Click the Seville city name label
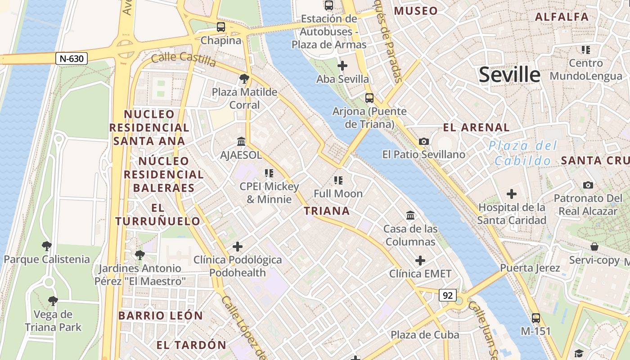pos(509,74)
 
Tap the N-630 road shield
pos(72,58)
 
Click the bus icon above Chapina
pos(220,27)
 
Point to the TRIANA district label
pos(327,211)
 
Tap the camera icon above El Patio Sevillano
pos(423,141)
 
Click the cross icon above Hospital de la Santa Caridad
pos(511,194)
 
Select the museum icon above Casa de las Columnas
pos(410,216)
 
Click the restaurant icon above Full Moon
pos(338,180)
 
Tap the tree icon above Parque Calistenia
pos(46,246)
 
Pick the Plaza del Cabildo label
pos(523,153)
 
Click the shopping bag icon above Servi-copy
pos(594,247)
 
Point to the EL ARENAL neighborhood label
pos(476,127)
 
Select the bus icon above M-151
pos(535,318)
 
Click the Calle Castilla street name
pos(183,58)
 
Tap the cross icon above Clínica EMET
pos(420,261)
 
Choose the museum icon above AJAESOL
pos(241,142)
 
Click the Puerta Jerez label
pos(530,268)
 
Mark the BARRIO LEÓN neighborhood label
pos(161,315)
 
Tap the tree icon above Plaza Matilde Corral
pos(244,79)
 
